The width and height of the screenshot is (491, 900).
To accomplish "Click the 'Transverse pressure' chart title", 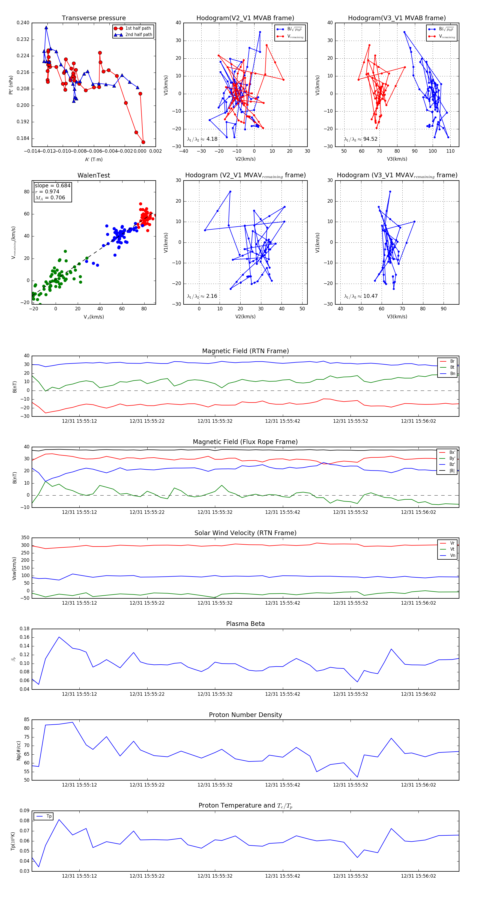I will (x=94, y=18).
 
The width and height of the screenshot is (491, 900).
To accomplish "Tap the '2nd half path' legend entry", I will (x=138, y=35).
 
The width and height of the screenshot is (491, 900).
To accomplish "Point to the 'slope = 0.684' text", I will (x=52, y=185).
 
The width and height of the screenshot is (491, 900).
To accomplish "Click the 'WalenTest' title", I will (x=94, y=175).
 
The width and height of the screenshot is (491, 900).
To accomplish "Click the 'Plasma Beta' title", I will (x=245, y=624).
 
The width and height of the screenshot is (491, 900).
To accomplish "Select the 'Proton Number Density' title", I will (x=245, y=715).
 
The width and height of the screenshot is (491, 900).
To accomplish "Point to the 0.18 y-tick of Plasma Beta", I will (x=25, y=629).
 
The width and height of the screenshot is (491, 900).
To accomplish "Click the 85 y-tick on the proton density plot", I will (x=26, y=720).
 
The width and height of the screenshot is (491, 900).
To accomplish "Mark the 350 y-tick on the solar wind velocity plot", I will (x=25, y=538).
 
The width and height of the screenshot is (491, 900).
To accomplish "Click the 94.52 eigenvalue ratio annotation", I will (x=361, y=139).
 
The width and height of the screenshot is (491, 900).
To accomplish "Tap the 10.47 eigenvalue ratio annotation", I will (x=361, y=296).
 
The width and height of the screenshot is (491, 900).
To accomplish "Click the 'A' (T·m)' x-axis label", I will (x=94, y=159).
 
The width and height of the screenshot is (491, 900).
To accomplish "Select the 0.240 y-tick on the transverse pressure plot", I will (x=23, y=23).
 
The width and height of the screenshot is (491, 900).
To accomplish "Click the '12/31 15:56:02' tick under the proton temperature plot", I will (x=418, y=876).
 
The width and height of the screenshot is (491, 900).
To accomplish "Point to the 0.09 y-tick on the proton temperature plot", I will (x=25, y=811).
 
